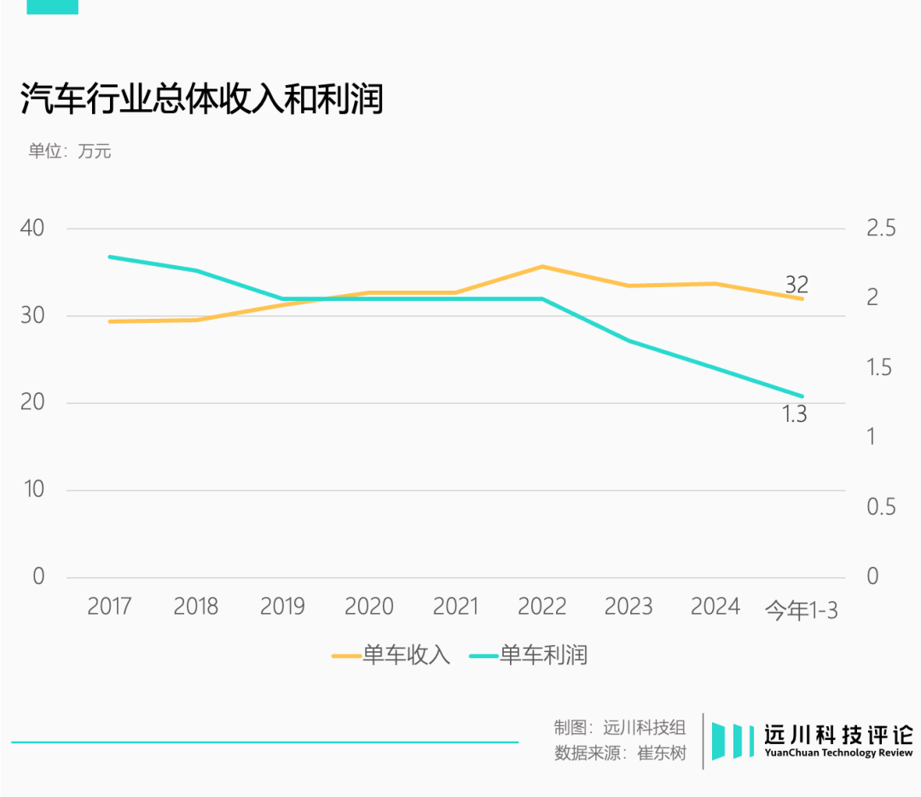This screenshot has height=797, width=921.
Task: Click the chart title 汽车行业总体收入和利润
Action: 202,100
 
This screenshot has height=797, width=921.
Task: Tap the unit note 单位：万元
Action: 70,152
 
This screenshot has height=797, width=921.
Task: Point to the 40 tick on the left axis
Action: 32,228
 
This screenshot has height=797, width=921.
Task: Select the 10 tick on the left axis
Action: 32,489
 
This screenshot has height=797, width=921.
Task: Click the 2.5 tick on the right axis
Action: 882,228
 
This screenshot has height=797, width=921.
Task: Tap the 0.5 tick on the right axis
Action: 882,506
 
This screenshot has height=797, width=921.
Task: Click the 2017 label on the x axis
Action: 109,606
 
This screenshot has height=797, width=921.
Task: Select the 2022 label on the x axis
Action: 542,606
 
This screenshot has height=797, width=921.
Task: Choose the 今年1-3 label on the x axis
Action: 801,610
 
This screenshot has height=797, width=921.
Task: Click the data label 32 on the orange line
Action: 796,285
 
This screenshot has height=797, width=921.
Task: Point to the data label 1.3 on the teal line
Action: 794,415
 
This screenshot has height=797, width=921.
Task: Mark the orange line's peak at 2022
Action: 542,267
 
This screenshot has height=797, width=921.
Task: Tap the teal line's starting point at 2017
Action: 110,257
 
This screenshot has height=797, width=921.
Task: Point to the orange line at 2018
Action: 196,320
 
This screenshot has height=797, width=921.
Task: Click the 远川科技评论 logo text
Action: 838,735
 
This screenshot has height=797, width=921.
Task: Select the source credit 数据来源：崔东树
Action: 620,754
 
